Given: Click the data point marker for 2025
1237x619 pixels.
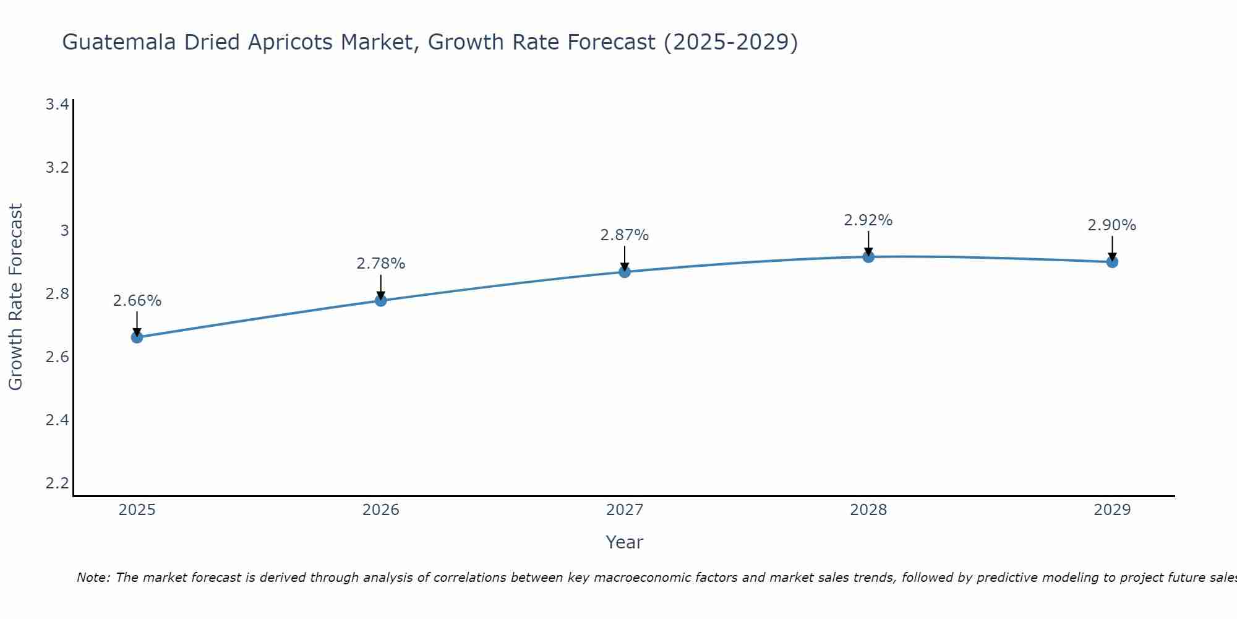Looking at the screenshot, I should [137, 337].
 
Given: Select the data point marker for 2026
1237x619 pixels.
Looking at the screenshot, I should [380, 300].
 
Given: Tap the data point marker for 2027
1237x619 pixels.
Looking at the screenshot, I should [625, 272].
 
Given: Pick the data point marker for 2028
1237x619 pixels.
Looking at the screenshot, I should [868, 256].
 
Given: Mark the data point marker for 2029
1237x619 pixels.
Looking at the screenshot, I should [1112, 262].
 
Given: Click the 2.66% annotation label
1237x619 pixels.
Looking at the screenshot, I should [137, 301].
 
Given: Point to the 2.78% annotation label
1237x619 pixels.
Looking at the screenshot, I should [380, 264].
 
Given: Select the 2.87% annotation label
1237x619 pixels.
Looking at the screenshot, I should [625, 235].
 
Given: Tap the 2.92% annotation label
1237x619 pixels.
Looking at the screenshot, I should [868, 220].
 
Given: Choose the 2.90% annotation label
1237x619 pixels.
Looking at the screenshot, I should [1112, 225].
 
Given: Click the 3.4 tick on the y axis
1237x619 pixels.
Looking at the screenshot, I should [57, 104].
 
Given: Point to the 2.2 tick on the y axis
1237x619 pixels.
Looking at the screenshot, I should [57, 483].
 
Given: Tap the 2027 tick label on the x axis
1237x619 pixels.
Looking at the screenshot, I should [625, 510].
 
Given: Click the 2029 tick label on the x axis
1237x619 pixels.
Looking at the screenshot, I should [1112, 510].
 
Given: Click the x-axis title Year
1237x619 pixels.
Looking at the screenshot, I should [625, 542].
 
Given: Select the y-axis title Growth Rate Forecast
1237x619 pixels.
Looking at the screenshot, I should [16, 297].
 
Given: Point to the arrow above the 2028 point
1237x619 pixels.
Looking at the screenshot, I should [868, 243].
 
